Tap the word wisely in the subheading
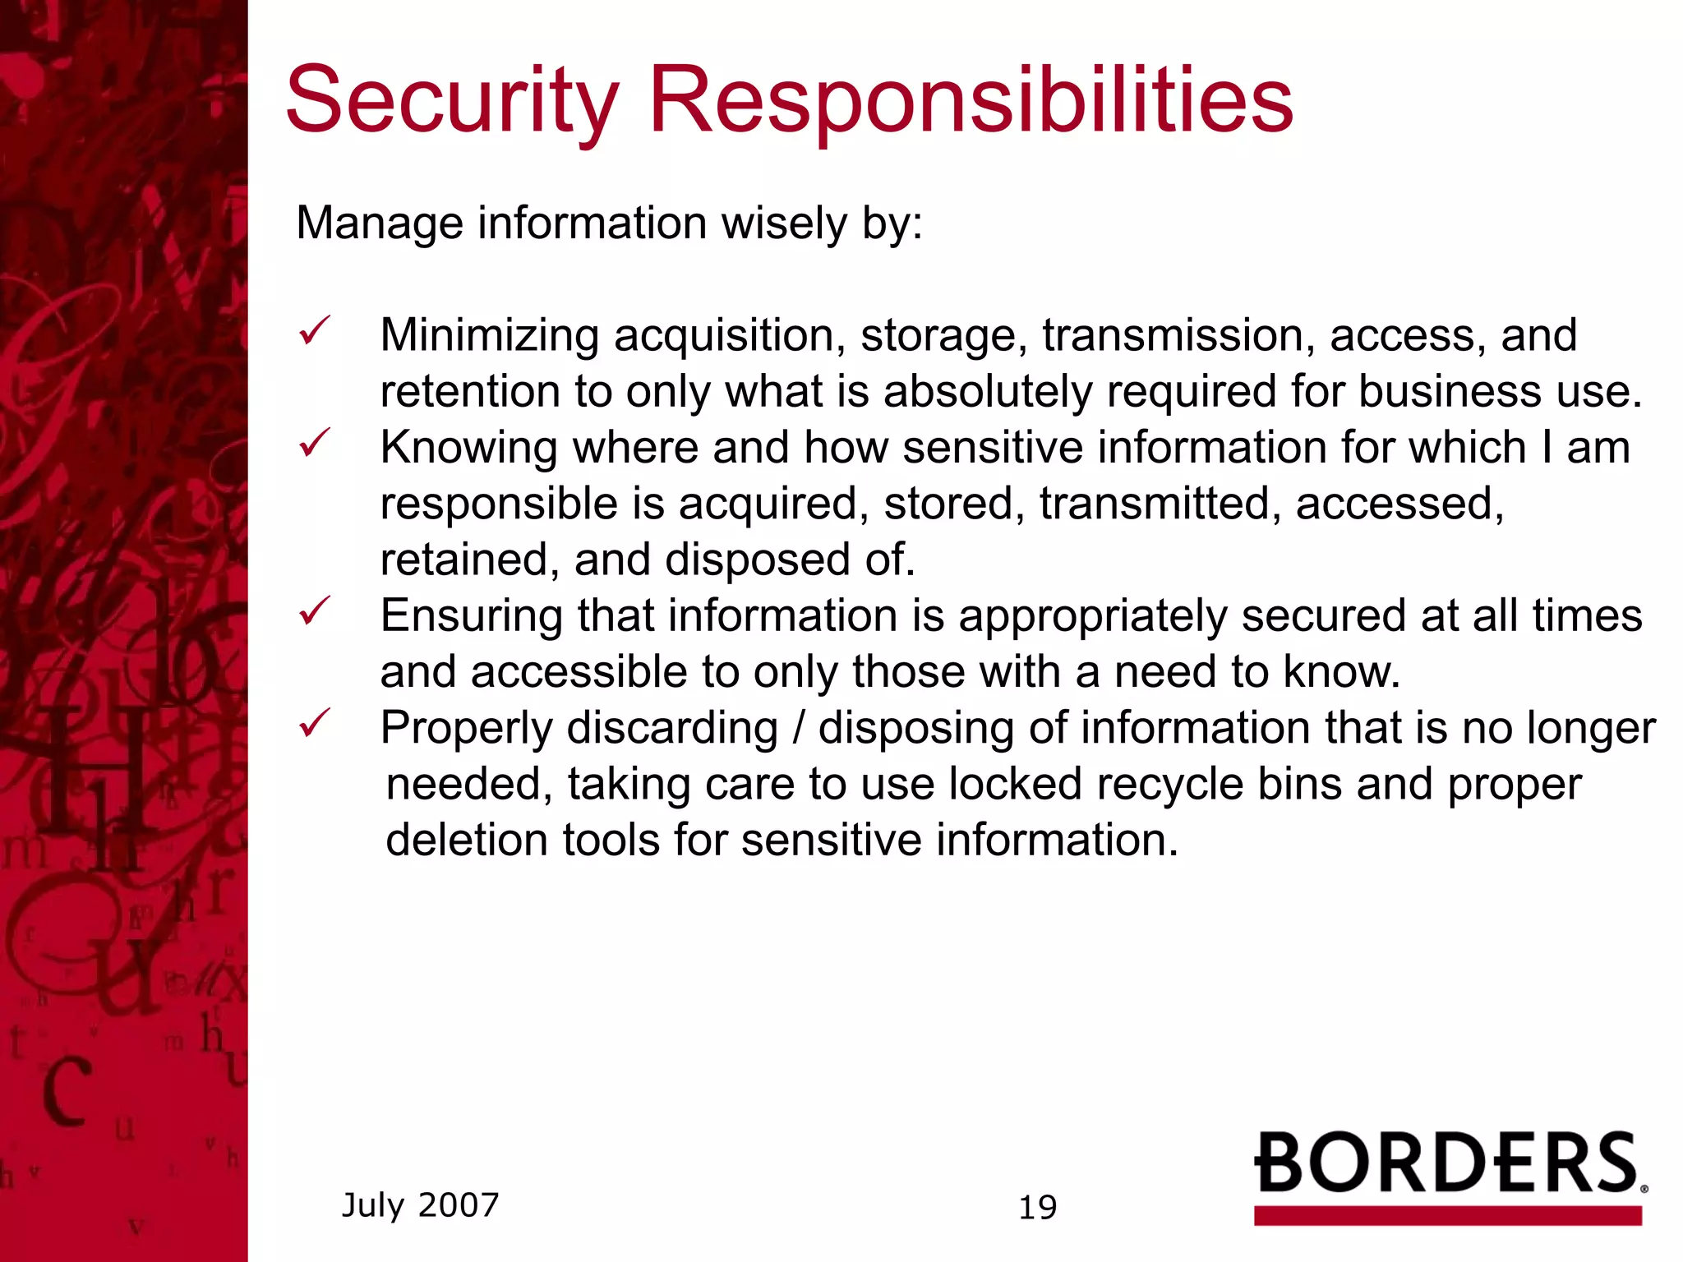coord(784,223)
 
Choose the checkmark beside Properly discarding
coord(314,723)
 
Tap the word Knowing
coord(468,448)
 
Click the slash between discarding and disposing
coord(798,729)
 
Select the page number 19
coord(1037,1208)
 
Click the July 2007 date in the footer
coord(420,1205)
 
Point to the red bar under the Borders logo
coord(1448,1215)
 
